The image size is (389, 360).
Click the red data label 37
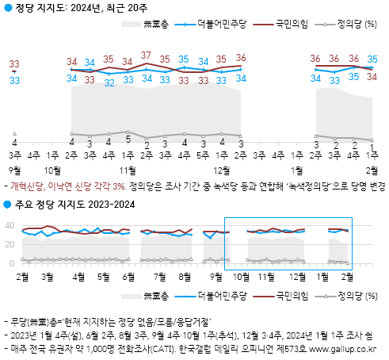pyautogui.click(x=146, y=56)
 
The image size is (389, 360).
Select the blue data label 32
pyautogui.click(x=109, y=83)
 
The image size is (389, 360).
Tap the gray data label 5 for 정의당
pyautogui.click(x=128, y=140)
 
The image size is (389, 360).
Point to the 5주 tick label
pyautogui.click(x=203, y=155)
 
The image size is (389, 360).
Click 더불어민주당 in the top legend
pyautogui.click(x=222, y=24)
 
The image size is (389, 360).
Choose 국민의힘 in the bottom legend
pyautogui.click(x=292, y=296)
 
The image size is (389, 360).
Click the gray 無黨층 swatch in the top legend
pyautogui.click(x=131, y=25)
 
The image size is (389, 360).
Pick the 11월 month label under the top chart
pyautogui.click(x=128, y=170)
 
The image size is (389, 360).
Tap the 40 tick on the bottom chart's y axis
pyautogui.click(x=10, y=225)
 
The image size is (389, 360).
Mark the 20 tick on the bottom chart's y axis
pyautogui.click(x=10, y=244)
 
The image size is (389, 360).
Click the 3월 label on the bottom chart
pyautogui.click(x=48, y=277)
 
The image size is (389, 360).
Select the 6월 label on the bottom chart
pyautogui.click(x=128, y=277)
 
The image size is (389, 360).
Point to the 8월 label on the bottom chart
pyautogui.click(x=185, y=277)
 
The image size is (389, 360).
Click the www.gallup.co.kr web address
pyautogui.click(x=342, y=349)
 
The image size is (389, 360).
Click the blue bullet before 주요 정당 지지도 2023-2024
pyautogui.click(x=7, y=205)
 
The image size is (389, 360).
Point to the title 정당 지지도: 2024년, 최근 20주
pyautogui.click(x=82, y=8)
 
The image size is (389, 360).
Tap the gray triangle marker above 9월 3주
pyautogui.click(x=15, y=134)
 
